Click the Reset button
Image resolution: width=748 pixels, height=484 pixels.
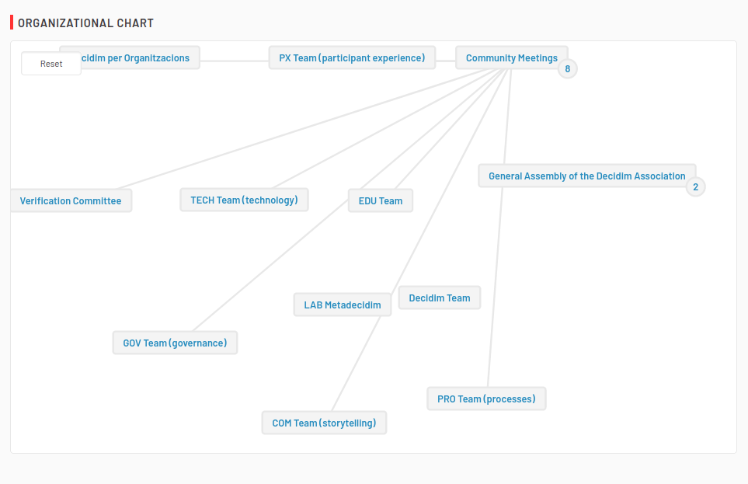pos(51,64)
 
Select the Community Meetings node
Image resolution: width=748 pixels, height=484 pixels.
pos(511,57)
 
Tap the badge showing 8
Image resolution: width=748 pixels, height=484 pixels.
pos(567,68)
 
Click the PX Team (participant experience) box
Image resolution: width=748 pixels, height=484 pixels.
pos(352,57)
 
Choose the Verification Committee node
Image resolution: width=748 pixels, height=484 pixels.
pos(71,200)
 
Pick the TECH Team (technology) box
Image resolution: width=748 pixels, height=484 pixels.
pos(244,200)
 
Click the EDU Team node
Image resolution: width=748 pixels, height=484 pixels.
pos(380,200)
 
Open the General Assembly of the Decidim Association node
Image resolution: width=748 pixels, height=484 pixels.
pos(586,176)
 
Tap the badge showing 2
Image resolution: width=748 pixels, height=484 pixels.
pos(695,186)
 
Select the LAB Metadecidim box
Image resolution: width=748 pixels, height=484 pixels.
pos(343,305)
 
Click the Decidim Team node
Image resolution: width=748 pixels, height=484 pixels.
pos(440,298)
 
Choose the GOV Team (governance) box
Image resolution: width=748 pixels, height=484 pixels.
pos(175,343)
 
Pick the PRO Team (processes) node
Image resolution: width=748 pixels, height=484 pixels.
pos(486,399)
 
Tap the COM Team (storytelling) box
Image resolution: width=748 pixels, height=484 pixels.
pos(324,423)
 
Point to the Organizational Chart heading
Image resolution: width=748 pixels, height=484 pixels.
pos(86,23)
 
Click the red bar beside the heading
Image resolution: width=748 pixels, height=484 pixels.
pos(12,23)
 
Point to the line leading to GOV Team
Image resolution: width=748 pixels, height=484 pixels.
pos(270,266)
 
